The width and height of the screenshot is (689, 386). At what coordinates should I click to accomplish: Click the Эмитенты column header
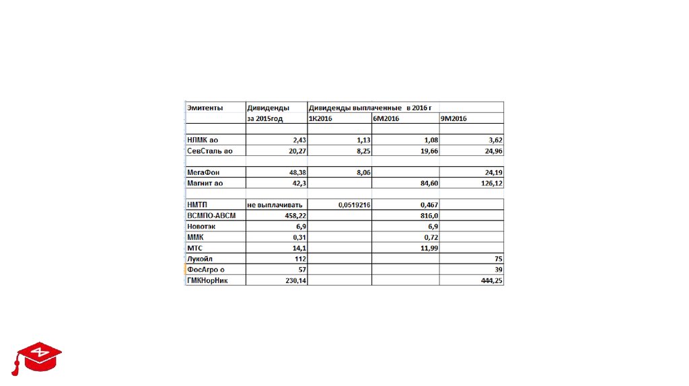(206, 108)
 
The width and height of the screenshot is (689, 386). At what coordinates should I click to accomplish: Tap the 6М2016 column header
(386, 118)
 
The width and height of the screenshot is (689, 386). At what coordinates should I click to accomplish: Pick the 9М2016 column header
(454, 118)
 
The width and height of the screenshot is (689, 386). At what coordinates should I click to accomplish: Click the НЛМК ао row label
(203, 140)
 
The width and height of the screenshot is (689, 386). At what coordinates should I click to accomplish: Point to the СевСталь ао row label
(209, 151)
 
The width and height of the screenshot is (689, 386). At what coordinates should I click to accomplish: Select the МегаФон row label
(203, 172)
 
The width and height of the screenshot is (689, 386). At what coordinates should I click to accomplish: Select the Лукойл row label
(201, 259)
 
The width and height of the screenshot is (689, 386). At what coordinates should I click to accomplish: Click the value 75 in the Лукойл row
(498, 259)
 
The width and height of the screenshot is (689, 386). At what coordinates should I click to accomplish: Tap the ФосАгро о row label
(205, 270)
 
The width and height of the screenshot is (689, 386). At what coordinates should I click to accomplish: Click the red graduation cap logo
(37, 357)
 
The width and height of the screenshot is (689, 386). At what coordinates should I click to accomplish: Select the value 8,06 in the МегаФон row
(362, 172)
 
